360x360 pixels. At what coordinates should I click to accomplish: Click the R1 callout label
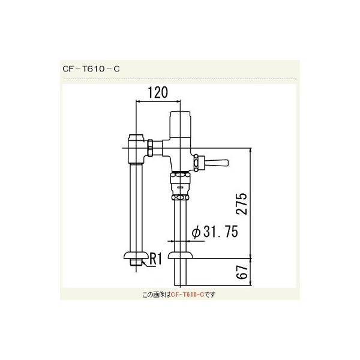(x=155, y=259)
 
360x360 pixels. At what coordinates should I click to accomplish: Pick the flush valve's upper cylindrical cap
(x=180, y=124)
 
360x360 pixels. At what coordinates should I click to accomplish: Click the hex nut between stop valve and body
(x=154, y=147)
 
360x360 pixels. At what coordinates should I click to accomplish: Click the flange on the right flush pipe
(x=181, y=257)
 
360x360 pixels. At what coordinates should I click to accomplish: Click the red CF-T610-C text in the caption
(x=188, y=295)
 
